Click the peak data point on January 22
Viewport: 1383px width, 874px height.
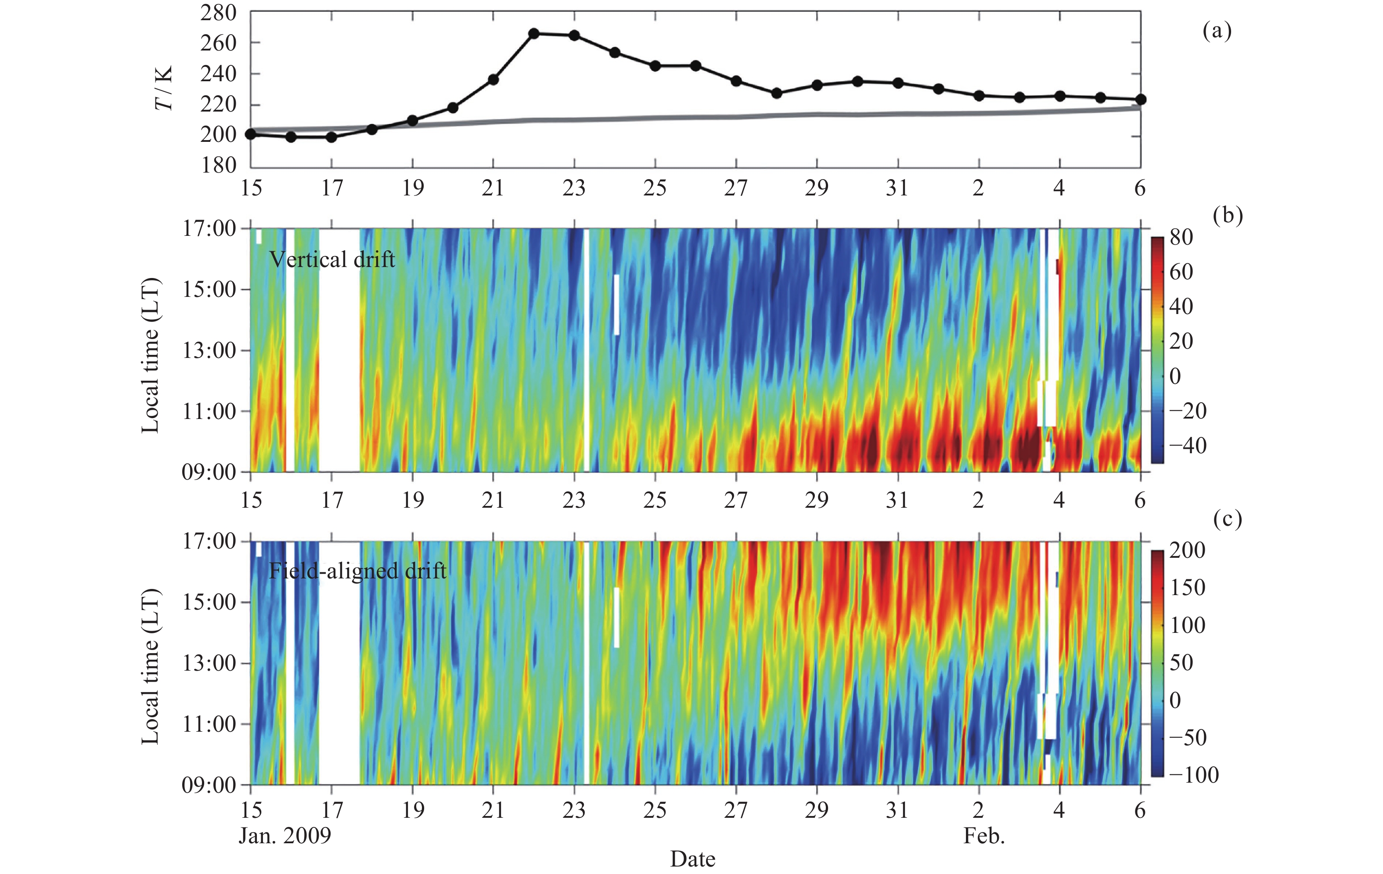533,33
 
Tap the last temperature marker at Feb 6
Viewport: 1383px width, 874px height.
1141,99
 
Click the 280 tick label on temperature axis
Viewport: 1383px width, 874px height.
218,13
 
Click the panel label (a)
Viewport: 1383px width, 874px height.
1217,31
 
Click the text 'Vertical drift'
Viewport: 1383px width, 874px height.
332,260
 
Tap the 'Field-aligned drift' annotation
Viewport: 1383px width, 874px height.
357,571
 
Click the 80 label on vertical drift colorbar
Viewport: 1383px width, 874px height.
1181,237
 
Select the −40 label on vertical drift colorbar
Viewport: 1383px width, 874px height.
1187,446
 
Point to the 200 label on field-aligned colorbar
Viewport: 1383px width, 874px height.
1187,550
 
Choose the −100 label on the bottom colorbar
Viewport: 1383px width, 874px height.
1192,775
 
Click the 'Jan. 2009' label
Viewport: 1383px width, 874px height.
285,835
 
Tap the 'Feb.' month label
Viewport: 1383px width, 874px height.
984,835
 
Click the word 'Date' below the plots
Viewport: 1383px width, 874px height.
693,859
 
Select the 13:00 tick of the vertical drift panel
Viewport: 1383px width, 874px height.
209,350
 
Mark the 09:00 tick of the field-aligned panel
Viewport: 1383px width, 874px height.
209,785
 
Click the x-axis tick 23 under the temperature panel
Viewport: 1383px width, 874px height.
574,188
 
